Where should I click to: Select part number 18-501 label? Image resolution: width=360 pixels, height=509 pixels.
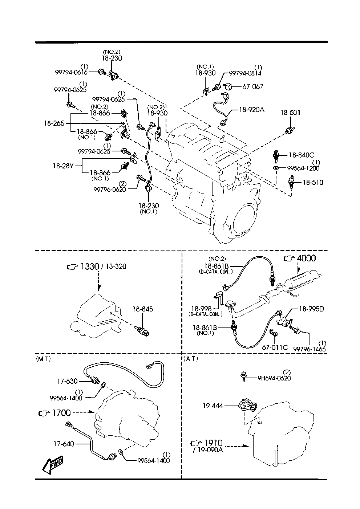pos(290,113)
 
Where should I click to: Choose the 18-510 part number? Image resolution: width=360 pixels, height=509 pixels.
pos(313,182)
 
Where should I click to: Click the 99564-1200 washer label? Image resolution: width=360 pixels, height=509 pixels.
pos(303,168)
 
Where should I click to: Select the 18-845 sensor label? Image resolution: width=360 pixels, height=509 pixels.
pos(142,309)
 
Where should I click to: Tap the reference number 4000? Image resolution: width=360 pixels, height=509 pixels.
pos(306,258)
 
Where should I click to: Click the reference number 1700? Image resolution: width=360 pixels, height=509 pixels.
pos(61,413)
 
